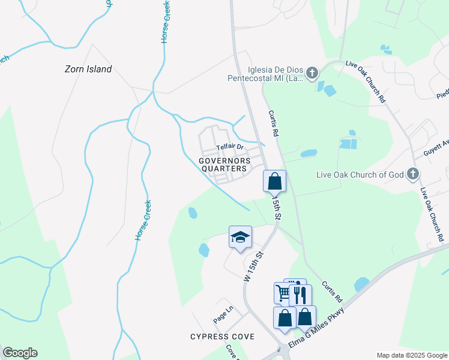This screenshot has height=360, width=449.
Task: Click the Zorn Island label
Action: pos(88,69)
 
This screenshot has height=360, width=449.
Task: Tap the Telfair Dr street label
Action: pos(230,147)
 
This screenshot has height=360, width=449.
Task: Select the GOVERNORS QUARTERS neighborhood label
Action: pos(224,164)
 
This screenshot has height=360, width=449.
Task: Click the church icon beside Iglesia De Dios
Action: pos(312,74)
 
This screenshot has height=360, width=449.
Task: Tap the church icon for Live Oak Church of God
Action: pos(412,175)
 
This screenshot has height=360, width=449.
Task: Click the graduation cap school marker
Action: pos(240,236)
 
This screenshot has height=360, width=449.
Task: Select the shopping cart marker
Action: pos(283,293)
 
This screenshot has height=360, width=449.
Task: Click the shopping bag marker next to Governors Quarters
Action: pos(274,180)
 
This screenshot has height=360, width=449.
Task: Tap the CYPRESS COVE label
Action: pos(222,337)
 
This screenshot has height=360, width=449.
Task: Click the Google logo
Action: pos(20,353)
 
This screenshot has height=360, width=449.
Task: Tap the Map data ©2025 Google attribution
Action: pos(411,355)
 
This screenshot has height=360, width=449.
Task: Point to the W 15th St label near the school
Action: pos(255,267)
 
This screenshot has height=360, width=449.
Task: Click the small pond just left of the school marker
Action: pos(203,249)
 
